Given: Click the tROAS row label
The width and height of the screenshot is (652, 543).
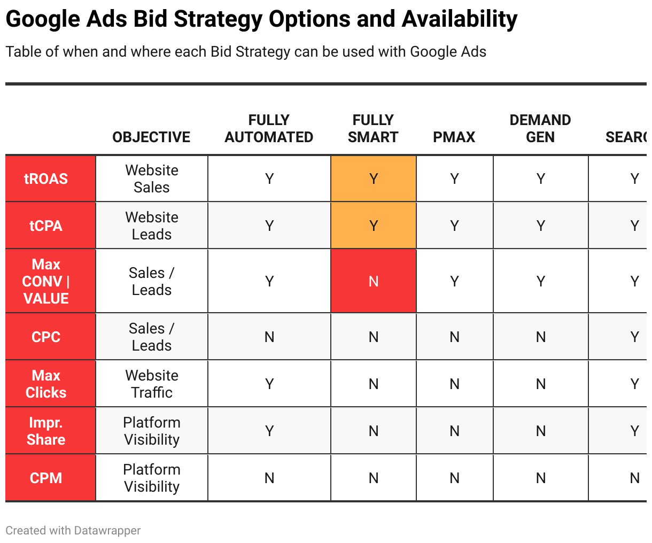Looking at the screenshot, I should coord(46,179).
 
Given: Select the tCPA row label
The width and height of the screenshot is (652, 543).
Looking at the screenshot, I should coord(46,226).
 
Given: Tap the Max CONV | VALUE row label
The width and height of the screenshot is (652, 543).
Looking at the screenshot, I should coord(46,281).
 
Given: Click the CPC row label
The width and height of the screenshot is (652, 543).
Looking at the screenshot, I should coord(46,337).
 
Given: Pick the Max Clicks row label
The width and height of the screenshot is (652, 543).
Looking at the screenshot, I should coord(46,384).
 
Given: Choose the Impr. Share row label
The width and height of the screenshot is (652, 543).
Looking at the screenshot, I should coord(46,431).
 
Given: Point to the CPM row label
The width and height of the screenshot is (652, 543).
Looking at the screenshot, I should coord(46,478).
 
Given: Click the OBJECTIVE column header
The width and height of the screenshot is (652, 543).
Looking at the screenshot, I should coord(151,137).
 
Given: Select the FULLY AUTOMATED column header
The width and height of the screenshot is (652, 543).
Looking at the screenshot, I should coord(269,129).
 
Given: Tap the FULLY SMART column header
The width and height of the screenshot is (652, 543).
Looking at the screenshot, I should coord(373,129).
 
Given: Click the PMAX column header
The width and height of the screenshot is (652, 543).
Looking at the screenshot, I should coord(454,137).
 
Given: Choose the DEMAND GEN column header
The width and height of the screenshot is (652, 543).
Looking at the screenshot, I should coord(540,129).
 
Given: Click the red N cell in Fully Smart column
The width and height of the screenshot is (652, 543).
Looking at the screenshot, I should coord(374,281).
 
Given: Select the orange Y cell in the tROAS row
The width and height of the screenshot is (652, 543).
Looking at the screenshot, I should coord(374,179).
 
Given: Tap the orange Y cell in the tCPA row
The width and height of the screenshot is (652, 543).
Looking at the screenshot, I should coord(374,226).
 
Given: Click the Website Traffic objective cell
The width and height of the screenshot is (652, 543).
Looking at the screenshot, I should coord(152,384).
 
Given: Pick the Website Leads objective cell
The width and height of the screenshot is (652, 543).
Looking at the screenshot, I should coord(152,226).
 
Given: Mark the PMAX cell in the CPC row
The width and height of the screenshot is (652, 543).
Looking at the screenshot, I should coord(454,337).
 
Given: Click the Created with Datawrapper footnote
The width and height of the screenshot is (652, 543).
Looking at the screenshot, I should coord(73,531).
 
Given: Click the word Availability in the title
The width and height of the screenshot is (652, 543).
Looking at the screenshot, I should coord(459,19).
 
